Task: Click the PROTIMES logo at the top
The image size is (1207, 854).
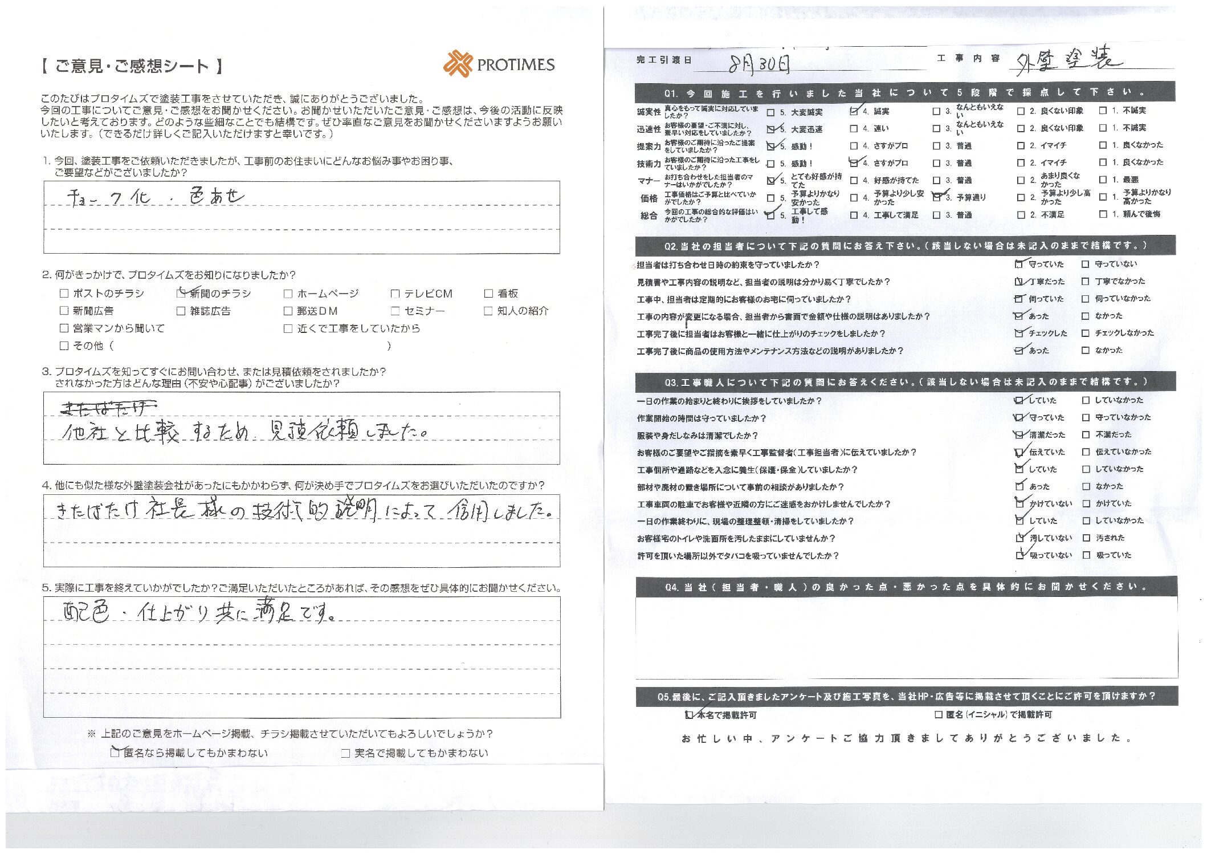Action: [x=499, y=64]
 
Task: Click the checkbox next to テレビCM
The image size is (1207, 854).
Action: [x=395, y=294]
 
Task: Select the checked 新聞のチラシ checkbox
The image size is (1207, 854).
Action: [x=181, y=294]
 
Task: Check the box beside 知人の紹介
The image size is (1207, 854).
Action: [x=488, y=311]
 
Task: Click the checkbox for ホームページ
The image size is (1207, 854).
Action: [x=288, y=294]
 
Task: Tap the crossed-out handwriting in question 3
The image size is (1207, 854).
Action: [x=108, y=408]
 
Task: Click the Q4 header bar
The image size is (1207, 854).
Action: [x=906, y=587]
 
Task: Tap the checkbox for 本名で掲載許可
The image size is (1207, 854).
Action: [x=690, y=715]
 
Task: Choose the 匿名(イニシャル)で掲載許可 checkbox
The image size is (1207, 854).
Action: [x=938, y=715]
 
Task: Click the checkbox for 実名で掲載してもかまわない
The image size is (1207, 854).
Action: [x=345, y=754]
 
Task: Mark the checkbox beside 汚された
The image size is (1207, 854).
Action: [x=1086, y=538]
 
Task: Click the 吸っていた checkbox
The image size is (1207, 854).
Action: [x=1086, y=555]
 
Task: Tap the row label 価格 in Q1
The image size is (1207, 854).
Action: [x=649, y=198]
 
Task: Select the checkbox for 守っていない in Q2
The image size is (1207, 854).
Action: [x=1085, y=265]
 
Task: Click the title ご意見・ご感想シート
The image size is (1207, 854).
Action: [x=132, y=67]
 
